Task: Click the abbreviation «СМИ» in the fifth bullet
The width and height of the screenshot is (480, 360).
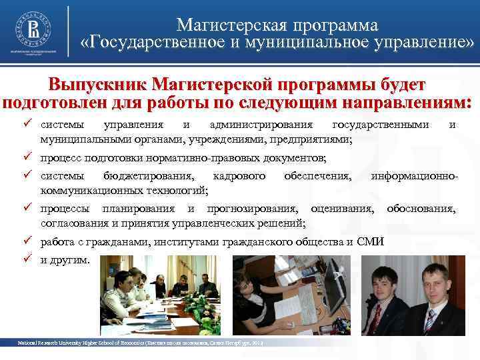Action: (x=371, y=241)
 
